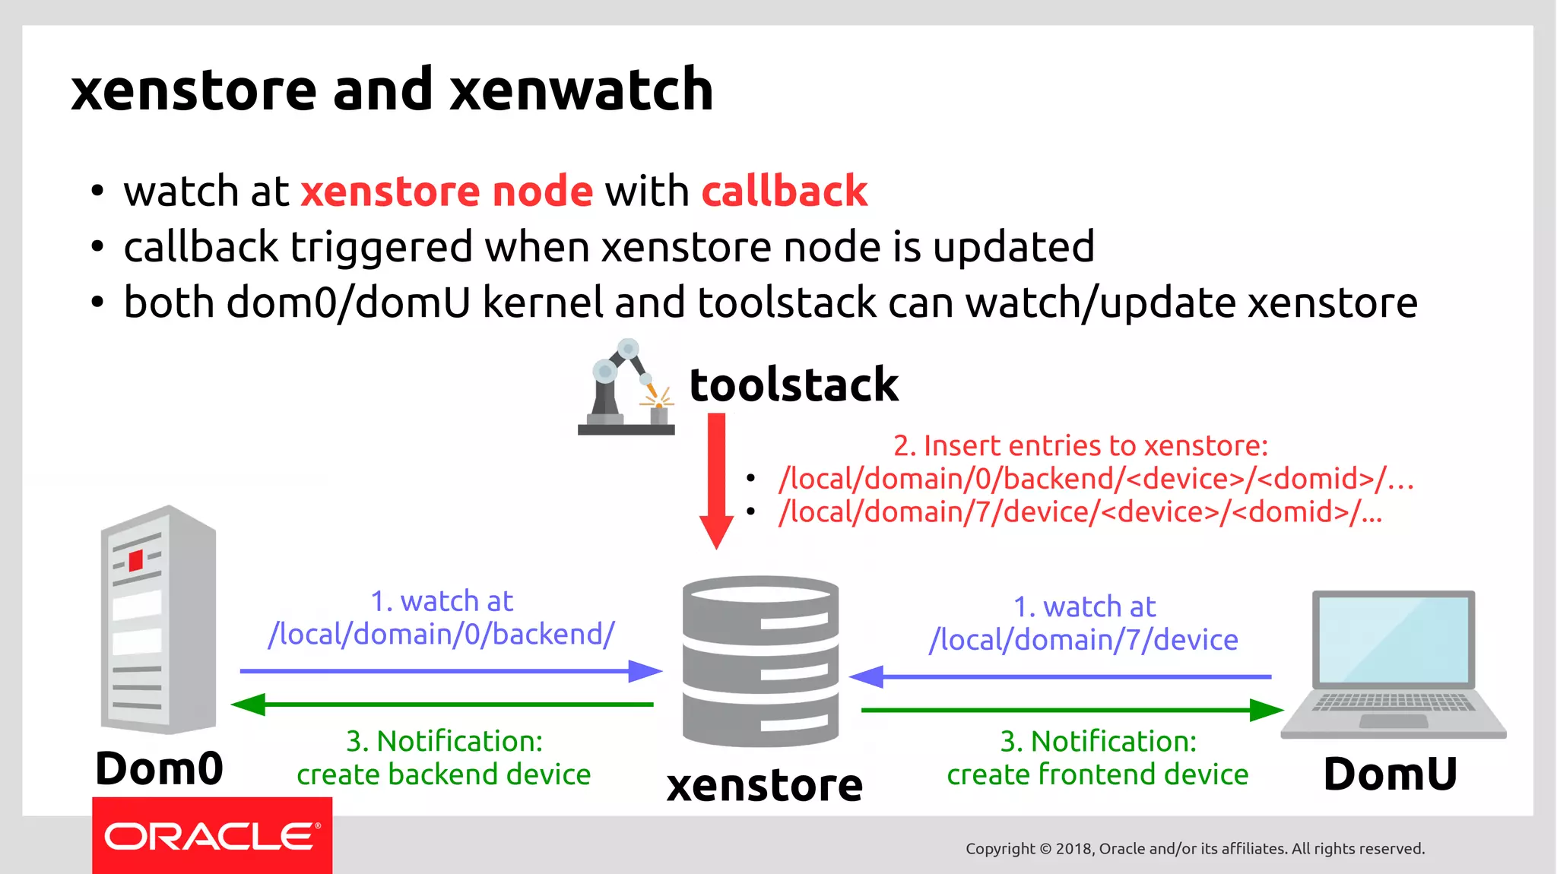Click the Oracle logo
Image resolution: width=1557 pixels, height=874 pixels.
[211, 836]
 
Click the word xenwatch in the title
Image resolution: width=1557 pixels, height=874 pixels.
[581, 90]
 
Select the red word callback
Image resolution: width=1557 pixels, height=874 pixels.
[784, 191]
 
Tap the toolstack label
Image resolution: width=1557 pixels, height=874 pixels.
[793, 385]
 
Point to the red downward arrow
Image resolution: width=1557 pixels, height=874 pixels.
[716, 479]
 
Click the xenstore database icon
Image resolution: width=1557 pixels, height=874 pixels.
[760, 661]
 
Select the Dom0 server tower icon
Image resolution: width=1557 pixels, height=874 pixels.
[158, 619]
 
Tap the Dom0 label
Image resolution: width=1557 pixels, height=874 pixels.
[159, 768]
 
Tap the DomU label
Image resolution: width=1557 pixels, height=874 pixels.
[1390, 774]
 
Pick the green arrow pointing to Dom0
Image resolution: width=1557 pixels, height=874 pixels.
[441, 705]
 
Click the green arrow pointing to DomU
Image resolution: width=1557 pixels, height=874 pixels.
[1072, 710]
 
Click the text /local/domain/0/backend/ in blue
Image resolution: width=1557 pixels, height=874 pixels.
[441, 634]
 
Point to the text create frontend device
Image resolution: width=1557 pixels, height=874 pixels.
[1097, 774]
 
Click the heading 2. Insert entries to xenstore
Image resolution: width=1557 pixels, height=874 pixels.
[1080, 445]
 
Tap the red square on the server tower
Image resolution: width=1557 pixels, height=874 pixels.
[136, 561]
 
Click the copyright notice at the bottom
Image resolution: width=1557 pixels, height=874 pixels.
[1194, 848]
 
